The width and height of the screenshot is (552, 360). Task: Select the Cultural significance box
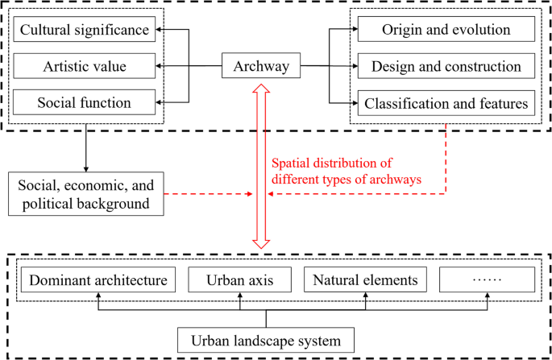[x=85, y=31]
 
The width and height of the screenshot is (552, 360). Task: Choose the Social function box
[x=85, y=102]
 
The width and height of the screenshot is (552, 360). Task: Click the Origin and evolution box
[x=446, y=31]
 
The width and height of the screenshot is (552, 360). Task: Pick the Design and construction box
[x=446, y=66]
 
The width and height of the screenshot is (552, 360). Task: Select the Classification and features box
[x=446, y=102]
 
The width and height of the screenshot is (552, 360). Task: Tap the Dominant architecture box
[x=98, y=280]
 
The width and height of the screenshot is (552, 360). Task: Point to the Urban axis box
[x=239, y=280]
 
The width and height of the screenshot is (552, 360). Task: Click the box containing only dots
[x=487, y=280]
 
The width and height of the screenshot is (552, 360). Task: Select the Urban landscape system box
[x=265, y=339]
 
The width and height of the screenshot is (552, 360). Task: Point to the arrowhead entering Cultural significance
[x=160, y=31]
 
